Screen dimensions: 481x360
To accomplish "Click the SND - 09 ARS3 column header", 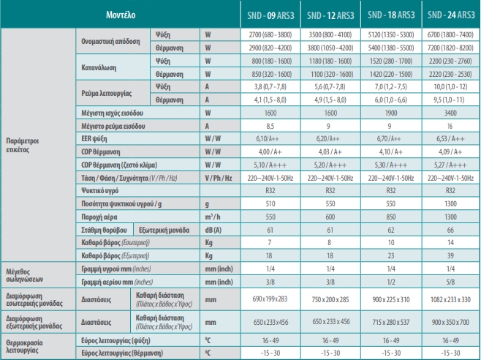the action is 270,15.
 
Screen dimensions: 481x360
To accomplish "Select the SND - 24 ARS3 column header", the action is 451,15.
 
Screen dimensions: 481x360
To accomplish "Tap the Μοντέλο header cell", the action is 121,15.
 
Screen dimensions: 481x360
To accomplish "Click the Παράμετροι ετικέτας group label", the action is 23,146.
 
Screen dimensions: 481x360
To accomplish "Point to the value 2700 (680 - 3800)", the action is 270,34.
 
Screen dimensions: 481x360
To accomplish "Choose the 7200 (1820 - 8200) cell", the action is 450,48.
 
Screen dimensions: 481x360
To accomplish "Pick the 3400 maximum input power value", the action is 450,113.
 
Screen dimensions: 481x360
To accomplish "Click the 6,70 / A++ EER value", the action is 390,139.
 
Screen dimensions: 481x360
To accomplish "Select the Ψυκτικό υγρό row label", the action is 99,191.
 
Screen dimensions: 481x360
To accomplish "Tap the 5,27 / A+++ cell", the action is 450,165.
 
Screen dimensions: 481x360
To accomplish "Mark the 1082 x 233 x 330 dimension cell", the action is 450,299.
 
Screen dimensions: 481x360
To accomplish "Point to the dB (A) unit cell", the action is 213,230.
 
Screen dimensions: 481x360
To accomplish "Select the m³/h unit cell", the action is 213,217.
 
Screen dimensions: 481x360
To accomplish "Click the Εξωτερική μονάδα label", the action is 164,230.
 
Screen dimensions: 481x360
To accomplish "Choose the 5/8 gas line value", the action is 450,282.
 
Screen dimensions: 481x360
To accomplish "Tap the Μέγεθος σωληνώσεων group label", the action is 25,276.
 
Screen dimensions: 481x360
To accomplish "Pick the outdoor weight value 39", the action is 450,256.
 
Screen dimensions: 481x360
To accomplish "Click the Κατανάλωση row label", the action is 99,67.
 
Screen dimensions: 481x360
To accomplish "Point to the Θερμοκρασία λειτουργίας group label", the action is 24,347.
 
